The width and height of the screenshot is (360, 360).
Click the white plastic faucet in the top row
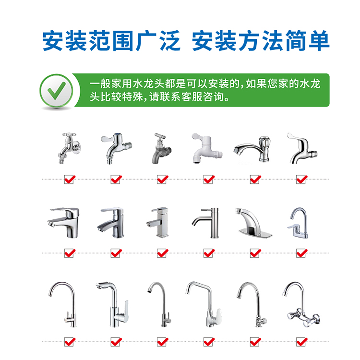click(207, 148)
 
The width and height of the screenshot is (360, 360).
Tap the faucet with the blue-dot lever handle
click(117, 148)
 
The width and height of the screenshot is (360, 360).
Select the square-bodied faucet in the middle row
click(159, 222)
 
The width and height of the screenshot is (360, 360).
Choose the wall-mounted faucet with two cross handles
click(301, 304)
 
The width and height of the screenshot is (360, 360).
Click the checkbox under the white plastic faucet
click(209, 180)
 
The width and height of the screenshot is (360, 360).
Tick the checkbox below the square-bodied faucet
click(163, 253)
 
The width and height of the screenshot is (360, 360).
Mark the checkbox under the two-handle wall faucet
click(302, 342)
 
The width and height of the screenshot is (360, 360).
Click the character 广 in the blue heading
click(146, 41)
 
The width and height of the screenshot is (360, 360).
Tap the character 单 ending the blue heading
click(319, 41)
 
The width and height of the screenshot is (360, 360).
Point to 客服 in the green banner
click(192, 97)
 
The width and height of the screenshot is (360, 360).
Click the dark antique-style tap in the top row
click(162, 148)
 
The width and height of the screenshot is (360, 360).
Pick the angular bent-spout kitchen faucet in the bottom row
click(204, 304)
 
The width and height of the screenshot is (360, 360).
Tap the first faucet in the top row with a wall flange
click(69, 148)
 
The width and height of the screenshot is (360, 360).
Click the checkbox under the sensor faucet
click(255, 253)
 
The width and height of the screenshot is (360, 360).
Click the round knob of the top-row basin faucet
click(264, 140)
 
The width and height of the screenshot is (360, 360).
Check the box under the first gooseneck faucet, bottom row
click(70, 342)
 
